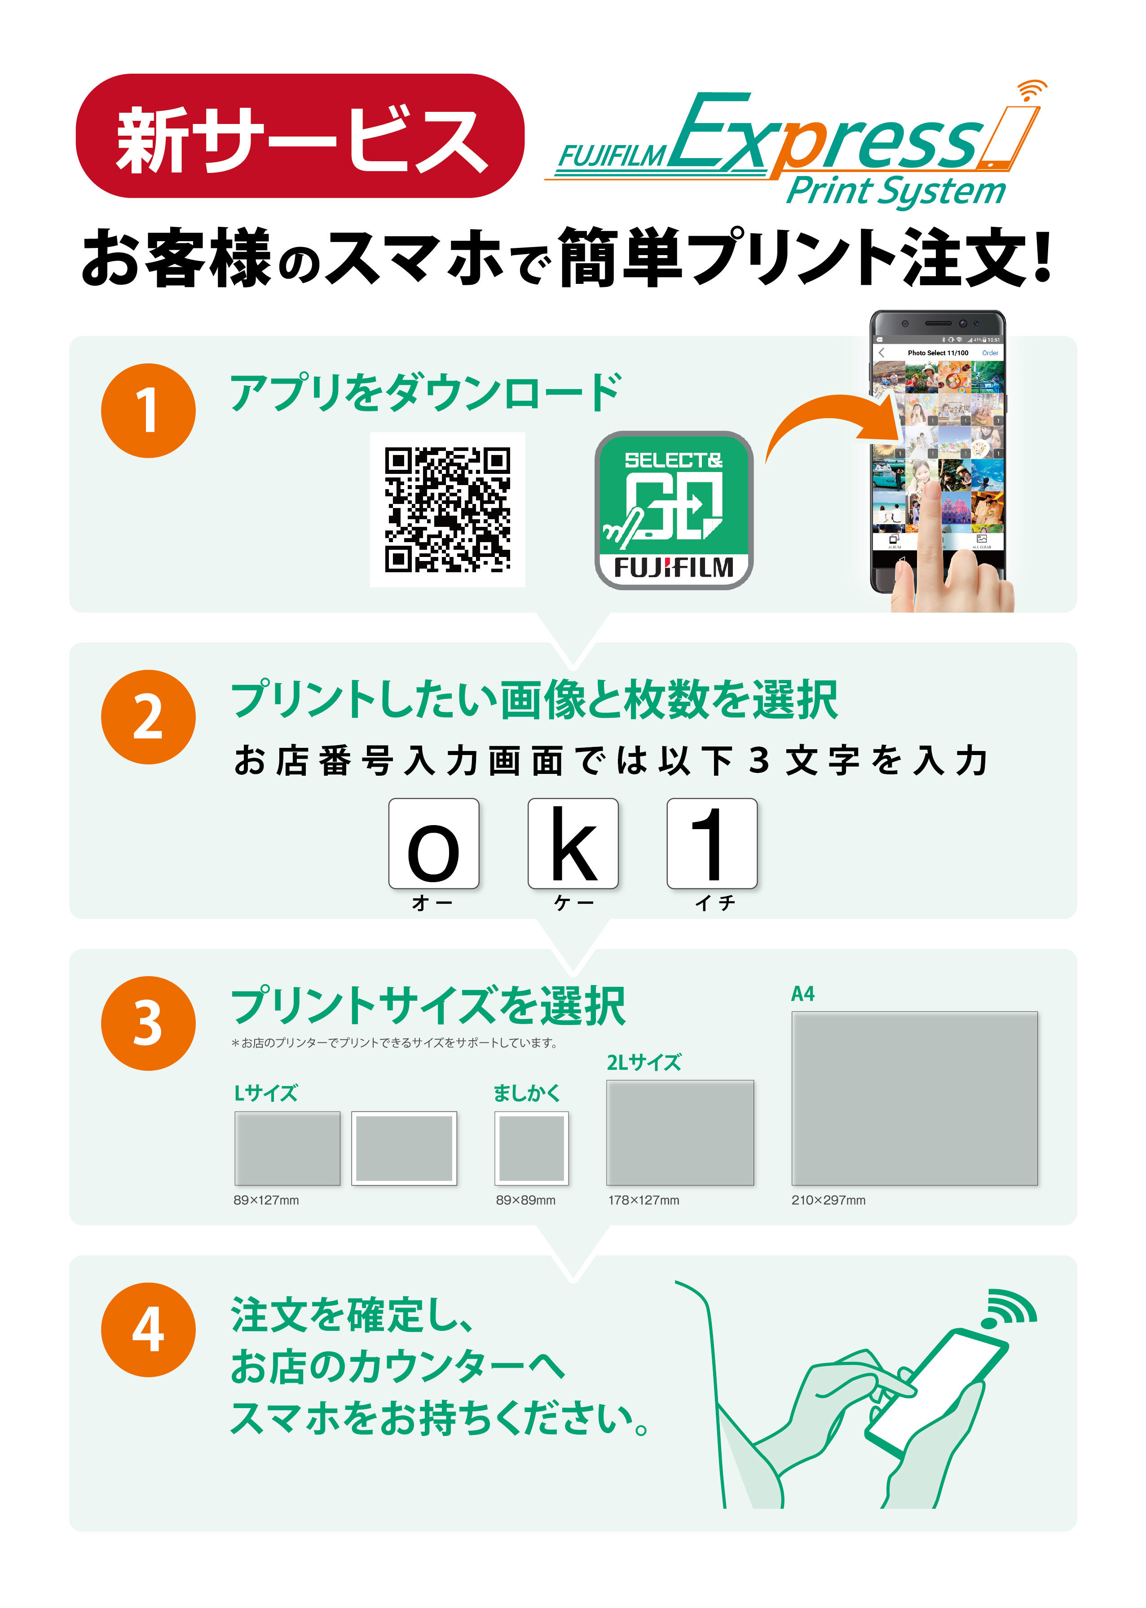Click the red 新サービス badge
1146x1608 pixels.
pyautogui.click(x=300, y=136)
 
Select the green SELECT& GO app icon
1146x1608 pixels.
pyautogui.click(x=674, y=510)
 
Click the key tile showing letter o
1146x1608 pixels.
pyautogui.click(x=434, y=844)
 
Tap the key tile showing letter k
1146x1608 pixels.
pyautogui.click(x=573, y=844)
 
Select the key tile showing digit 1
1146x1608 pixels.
pyautogui.click(x=712, y=844)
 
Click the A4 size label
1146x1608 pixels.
pyautogui.click(x=803, y=994)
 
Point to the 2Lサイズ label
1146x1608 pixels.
pyautogui.click(x=644, y=1062)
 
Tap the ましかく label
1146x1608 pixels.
pyautogui.click(x=526, y=1093)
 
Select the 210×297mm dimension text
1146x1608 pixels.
pyautogui.click(x=829, y=1200)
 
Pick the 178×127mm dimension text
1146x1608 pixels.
pyautogui.click(x=644, y=1200)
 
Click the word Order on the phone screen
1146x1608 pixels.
pyautogui.click(x=990, y=353)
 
